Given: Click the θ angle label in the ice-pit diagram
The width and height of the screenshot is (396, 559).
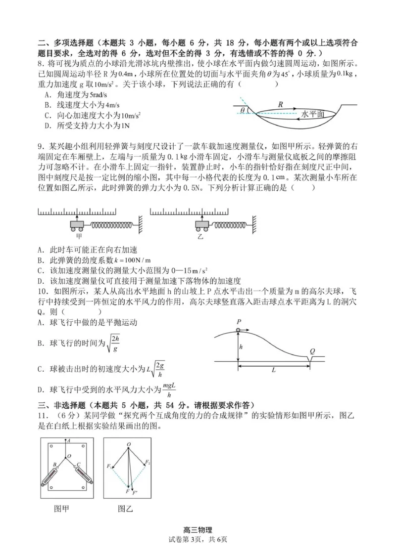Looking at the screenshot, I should (243, 110).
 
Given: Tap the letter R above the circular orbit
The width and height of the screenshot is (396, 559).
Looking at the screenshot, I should (280, 104).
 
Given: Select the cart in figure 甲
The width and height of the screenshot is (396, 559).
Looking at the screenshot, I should (77, 225).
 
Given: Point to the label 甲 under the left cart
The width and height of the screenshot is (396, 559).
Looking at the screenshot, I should (77, 236).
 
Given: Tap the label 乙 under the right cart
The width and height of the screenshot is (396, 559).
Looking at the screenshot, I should (200, 236).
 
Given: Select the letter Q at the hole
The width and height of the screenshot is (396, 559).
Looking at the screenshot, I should (312, 351).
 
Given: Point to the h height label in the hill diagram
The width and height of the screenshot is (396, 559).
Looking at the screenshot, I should (241, 347).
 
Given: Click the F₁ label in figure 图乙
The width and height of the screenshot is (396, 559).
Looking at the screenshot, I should (109, 466).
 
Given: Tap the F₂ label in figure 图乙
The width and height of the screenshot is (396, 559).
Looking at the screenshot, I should (148, 463).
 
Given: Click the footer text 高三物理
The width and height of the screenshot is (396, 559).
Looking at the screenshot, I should (198, 530).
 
